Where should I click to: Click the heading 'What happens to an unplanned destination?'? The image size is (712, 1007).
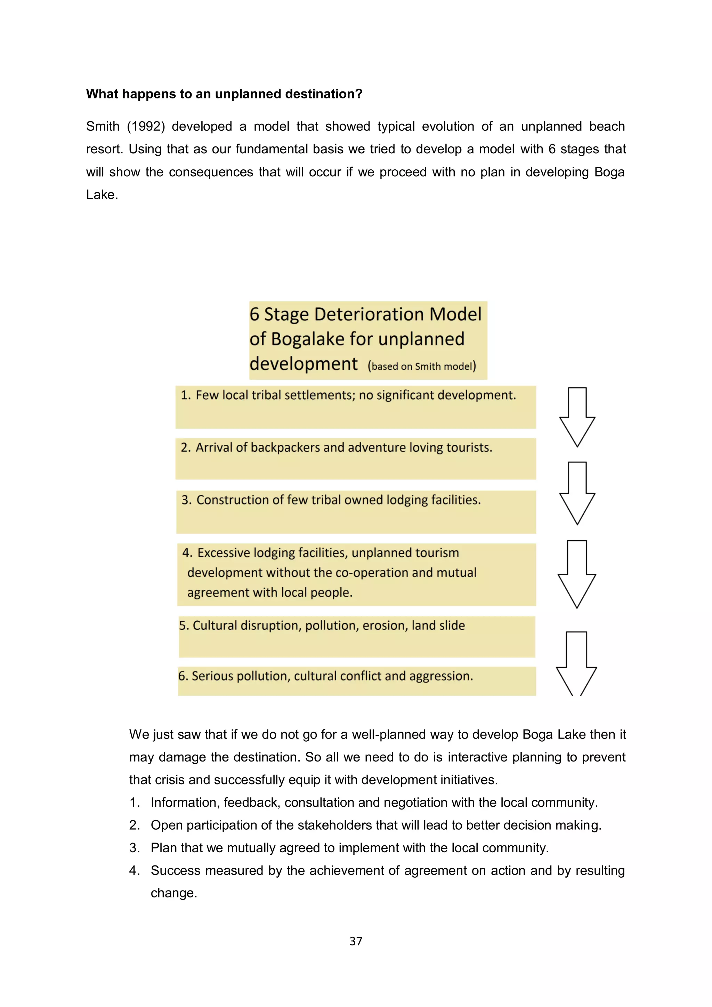224,94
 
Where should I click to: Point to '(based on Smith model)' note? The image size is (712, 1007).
422,366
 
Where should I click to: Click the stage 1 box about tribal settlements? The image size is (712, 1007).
356,407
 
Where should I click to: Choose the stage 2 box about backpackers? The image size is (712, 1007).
356,458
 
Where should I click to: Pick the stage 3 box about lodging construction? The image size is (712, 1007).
356,512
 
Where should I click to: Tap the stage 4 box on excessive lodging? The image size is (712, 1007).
356,574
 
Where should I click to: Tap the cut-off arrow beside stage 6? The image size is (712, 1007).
576,663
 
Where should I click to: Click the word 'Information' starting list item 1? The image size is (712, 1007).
185,803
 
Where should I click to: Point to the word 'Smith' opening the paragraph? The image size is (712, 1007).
103,126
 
